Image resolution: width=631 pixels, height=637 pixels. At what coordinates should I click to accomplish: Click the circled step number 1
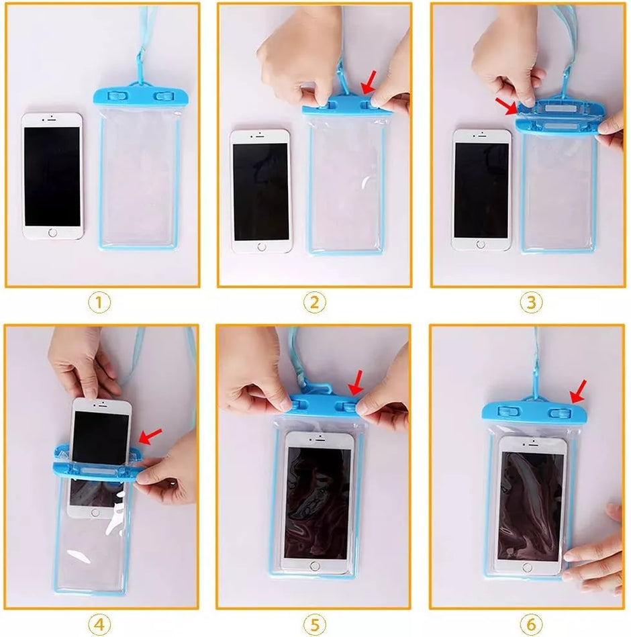click(x=99, y=303)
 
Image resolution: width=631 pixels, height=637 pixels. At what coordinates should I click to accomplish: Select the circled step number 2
click(x=314, y=303)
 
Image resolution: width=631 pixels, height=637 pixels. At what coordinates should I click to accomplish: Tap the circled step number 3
click(x=531, y=303)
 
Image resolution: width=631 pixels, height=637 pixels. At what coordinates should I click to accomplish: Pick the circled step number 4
click(x=99, y=624)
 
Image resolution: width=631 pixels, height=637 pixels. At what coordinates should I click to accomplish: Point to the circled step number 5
click(x=314, y=624)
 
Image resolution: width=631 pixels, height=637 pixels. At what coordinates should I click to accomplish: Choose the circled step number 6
click(x=531, y=624)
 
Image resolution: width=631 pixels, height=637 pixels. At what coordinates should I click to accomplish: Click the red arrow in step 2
click(x=369, y=83)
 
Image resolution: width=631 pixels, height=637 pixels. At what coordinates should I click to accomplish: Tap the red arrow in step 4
click(x=150, y=436)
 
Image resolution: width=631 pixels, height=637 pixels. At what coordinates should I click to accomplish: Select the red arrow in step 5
click(x=356, y=382)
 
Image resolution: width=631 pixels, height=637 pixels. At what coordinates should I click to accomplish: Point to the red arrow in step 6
click(x=578, y=391)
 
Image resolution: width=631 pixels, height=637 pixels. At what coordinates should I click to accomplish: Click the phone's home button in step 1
click(x=52, y=233)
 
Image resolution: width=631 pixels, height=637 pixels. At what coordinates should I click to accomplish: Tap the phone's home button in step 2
click(x=262, y=246)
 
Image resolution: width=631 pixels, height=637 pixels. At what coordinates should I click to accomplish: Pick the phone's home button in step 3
click(x=481, y=244)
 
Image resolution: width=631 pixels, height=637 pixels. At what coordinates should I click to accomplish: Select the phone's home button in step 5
click(x=315, y=566)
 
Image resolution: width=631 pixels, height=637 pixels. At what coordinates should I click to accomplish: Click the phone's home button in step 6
click(x=527, y=568)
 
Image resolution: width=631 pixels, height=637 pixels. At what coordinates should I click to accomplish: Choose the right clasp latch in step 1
click(x=164, y=97)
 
